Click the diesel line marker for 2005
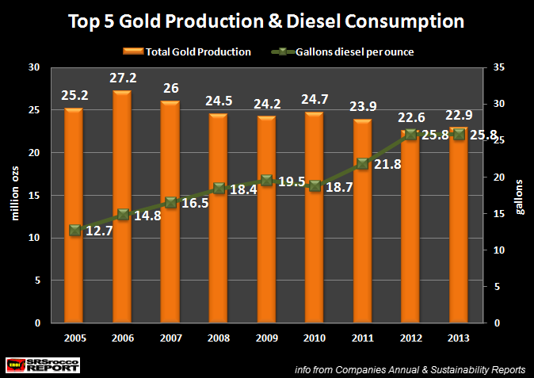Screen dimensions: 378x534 74,231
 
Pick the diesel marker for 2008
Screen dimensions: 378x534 219,189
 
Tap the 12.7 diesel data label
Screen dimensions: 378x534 98,231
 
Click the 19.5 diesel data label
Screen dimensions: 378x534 292,181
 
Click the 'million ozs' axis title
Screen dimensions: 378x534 13,196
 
